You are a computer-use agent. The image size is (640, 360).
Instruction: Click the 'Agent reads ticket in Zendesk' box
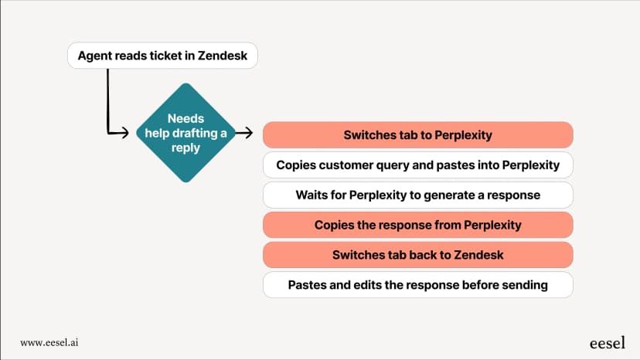coord(162,56)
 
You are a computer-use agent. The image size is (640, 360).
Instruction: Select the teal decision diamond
coord(186,133)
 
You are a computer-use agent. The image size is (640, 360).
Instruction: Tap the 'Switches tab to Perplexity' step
coord(418,134)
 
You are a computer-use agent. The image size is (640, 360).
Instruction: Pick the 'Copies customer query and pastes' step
coord(418,165)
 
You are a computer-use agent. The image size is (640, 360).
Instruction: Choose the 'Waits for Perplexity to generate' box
coord(418,195)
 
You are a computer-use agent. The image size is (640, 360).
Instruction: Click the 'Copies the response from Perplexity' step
coord(418,225)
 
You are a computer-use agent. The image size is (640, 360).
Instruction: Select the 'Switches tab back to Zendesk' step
coord(418,255)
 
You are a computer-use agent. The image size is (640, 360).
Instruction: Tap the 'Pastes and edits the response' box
coord(418,285)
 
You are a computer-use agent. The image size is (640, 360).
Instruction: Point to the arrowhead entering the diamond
coord(125,133)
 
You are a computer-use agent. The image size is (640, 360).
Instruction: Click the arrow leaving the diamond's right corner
coord(244,133)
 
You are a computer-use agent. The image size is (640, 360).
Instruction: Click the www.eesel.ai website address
coord(49,342)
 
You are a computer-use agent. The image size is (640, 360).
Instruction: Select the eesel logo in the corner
coord(608,343)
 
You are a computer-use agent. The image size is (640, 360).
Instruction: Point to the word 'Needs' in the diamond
coord(186,118)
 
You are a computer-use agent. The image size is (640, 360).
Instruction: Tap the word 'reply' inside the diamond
coord(186,148)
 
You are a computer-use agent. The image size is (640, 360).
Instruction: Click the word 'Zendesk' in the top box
coord(223,56)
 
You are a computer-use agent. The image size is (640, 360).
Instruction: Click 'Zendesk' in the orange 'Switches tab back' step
coord(478,255)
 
